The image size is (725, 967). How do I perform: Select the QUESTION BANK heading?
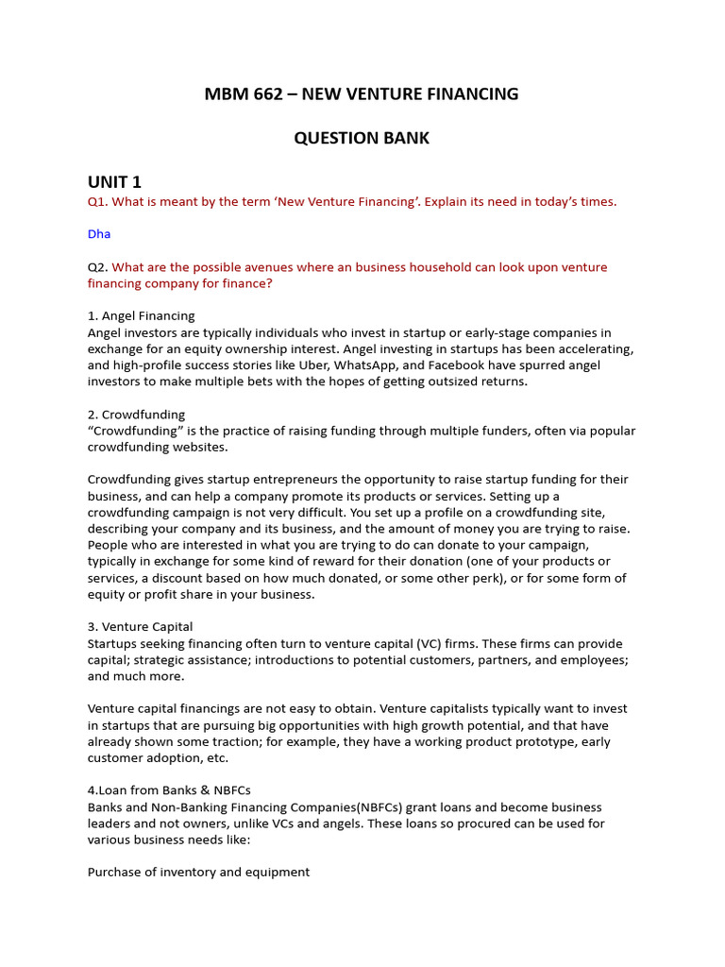point(362,138)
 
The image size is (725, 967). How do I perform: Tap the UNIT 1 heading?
point(114,182)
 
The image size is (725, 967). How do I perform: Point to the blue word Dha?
point(99,234)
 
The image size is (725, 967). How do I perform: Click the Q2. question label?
point(98,267)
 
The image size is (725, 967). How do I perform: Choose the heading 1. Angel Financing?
point(141,316)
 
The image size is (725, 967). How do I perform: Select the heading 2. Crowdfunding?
point(136,415)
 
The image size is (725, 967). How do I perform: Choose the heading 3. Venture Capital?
point(140,627)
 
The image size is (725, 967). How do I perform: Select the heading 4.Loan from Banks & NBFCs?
point(169,790)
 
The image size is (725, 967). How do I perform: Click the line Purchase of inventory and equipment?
point(198,873)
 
